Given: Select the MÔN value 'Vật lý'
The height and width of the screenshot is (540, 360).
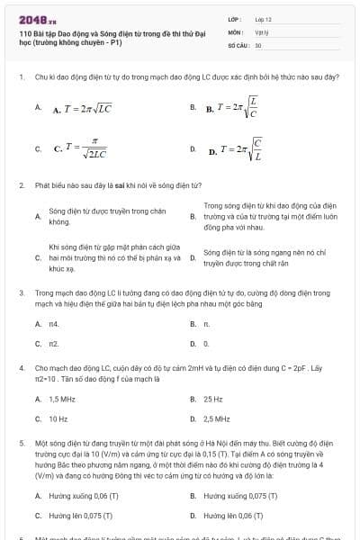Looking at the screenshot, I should click(x=262, y=31).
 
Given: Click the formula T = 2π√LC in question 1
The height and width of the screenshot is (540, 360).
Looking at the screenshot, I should click(x=82, y=110).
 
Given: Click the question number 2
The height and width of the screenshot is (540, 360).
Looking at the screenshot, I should click(x=21, y=184).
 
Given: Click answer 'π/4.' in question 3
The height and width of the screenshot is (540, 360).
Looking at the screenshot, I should click(x=54, y=323).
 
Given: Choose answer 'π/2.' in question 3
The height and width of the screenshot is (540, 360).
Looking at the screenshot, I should click(x=54, y=344).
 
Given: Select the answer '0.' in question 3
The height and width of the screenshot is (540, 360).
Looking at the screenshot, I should click(x=206, y=344).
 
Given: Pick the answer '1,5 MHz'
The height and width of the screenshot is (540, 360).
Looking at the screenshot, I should click(x=62, y=399).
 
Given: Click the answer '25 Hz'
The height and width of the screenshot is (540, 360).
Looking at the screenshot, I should click(x=213, y=399).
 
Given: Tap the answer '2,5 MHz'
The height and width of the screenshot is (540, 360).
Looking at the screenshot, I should click(x=217, y=418).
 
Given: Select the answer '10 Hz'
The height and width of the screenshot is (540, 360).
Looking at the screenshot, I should click(x=58, y=418).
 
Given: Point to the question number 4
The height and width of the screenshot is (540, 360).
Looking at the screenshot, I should click(x=21, y=368).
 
